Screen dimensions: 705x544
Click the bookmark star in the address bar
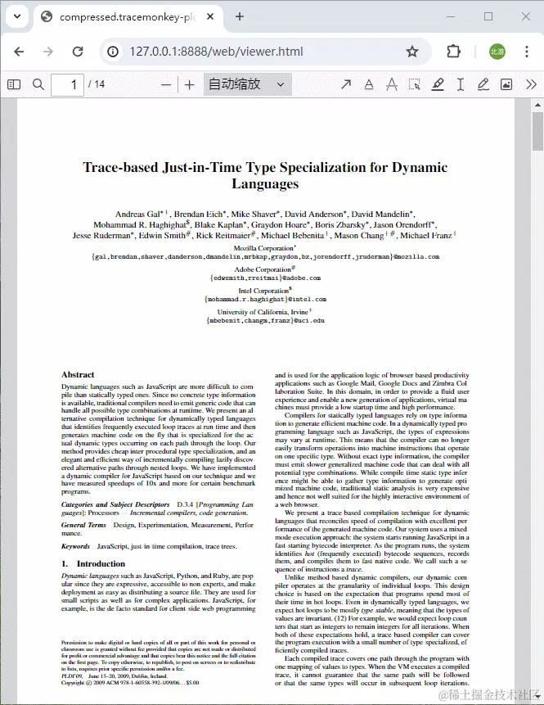point(412,52)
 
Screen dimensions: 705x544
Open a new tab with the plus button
point(240,16)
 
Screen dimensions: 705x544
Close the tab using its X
point(212,16)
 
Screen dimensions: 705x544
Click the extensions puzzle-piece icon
point(453,52)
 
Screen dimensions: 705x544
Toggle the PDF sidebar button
point(13,84)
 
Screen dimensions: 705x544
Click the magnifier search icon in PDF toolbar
point(38,84)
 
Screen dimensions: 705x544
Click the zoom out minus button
point(167,84)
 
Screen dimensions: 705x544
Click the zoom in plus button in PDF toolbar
point(190,84)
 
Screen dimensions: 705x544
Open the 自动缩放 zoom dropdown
point(246,84)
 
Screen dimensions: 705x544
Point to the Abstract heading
point(78,375)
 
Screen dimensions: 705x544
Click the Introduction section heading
point(101,563)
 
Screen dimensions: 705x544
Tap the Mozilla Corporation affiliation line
point(264,247)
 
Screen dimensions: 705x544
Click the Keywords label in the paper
point(75,545)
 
